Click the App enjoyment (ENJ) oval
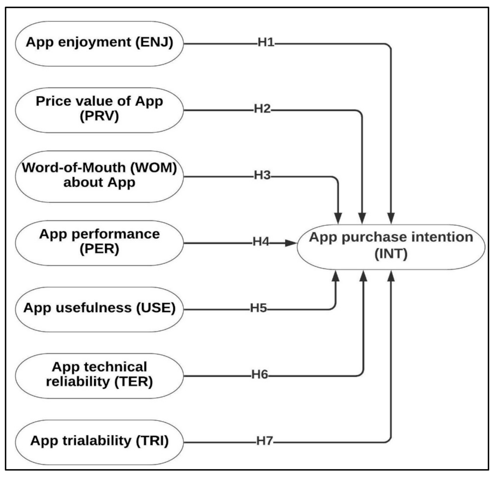tap(99, 44)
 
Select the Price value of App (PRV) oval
tap(99, 110)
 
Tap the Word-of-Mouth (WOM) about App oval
tap(99, 176)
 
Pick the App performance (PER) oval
tap(99, 243)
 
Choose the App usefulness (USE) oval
tap(99, 309)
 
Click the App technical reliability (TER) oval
tap(99, 375)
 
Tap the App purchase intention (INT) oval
tap(391, 247)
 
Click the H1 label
tap(266, 42)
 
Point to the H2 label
tap(262, 109)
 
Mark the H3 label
tap(262, 175)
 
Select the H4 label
tap(261, 242)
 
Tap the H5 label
tap(258, 309)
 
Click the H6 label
tap(260, 375)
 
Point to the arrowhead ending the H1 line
tap(391, 219)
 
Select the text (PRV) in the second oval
tap(99, 116)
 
